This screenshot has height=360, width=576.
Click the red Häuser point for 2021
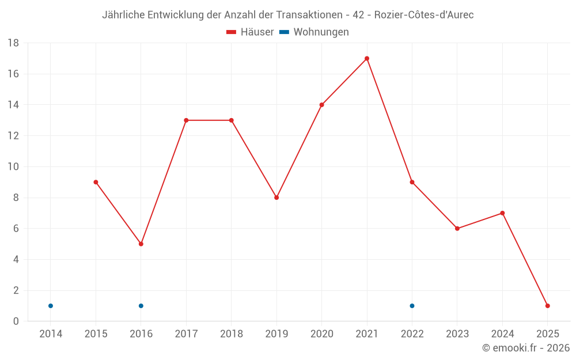coord(367,58)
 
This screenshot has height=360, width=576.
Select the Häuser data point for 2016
coord(141,244)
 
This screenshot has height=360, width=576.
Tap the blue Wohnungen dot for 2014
coord(51,306)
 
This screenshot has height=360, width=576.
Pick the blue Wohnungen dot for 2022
coord(412,306)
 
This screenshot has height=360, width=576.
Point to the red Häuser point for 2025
coord(547,306)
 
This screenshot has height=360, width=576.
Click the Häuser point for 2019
coord(276,198)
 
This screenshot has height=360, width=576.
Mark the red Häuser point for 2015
coord(96,182)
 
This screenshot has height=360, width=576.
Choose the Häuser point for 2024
coord(502,213)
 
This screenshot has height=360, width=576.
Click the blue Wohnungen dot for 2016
coord(141,306)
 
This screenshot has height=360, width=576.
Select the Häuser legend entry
coord(250,32)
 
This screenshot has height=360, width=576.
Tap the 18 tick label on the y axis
coord(13,43)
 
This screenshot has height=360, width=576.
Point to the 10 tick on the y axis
coord(13,167)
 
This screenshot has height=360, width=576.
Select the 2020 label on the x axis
coord(321,334)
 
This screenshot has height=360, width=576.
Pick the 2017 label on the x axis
coord(186,334)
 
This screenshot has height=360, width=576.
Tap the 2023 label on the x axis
coord(457,334)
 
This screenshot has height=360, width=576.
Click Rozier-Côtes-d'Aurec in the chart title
coord(424,15)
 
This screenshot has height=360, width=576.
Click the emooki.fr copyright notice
coord(526,348)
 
